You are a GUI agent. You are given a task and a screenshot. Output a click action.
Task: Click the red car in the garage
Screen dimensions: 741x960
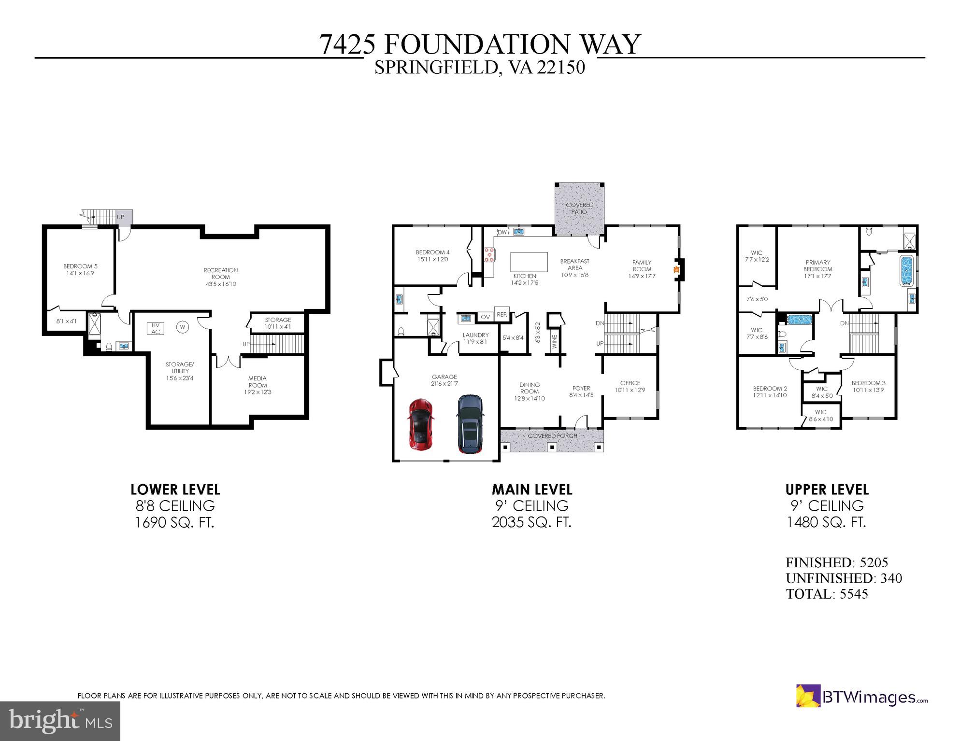[421, 424]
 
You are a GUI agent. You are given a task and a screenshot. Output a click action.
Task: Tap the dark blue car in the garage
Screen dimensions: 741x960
[470, 424]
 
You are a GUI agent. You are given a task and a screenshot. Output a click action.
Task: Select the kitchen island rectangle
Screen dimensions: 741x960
[529, 262]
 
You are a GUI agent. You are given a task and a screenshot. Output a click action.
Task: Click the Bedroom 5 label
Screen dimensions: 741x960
[80, 269]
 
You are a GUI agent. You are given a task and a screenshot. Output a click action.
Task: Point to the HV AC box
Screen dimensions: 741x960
[156, 329]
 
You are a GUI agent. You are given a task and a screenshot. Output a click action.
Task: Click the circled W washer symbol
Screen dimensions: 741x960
[183, 327]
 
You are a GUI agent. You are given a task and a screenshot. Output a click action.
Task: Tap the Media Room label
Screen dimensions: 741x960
[258, 385]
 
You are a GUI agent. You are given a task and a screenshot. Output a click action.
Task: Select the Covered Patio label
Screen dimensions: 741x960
[579, 208]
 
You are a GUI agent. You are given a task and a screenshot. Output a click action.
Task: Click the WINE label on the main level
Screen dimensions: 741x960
[554, 341]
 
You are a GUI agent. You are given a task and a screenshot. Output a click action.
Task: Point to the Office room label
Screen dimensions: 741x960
[630, 386]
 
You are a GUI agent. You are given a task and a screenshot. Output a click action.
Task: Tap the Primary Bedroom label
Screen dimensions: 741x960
[817, 269]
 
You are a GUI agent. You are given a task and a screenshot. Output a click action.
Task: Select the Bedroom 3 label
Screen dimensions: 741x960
[868, 386]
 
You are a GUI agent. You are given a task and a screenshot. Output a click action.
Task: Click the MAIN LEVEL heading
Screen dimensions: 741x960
[532, 489]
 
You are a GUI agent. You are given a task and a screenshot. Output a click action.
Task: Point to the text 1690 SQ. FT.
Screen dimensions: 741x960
[174, 522]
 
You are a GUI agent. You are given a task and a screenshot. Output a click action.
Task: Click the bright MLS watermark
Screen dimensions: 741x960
[60, 721]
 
